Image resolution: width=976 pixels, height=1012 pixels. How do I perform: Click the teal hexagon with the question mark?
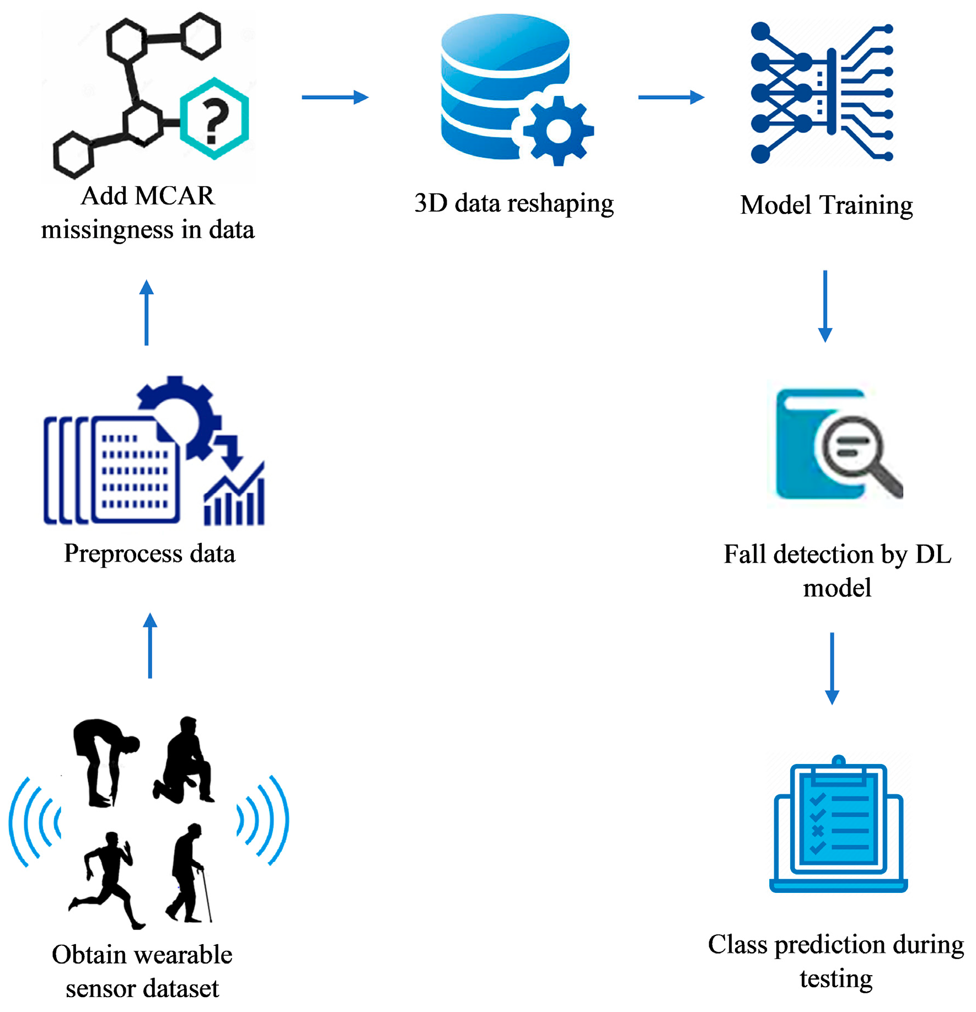[x=214, y=119]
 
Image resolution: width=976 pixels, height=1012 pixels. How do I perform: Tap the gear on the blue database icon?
[x=558, y=131]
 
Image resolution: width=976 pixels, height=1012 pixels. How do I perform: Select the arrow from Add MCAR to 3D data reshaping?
[x=334, y=98]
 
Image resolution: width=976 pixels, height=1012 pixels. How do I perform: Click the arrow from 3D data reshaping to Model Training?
[x=671, y=98]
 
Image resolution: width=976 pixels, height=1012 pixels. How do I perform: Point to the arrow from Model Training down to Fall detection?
[x=825, y=306]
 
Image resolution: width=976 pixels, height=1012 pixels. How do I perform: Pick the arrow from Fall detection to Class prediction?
[x=832, y=668]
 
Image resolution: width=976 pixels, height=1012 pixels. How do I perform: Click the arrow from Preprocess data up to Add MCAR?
[x=147, y=313]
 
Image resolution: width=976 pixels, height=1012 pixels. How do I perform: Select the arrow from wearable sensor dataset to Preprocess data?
[x=150, y=645]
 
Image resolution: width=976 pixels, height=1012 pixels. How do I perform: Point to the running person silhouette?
[x=107, y=880]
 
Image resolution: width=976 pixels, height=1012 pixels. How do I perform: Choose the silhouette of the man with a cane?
[x=189, y=873]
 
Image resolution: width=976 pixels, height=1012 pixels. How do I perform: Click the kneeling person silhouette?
[x=185, y=761]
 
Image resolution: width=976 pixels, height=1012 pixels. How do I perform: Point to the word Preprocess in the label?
[x=122, y=553]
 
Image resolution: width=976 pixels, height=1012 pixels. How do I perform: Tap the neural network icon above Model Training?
[x=822, y=93]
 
